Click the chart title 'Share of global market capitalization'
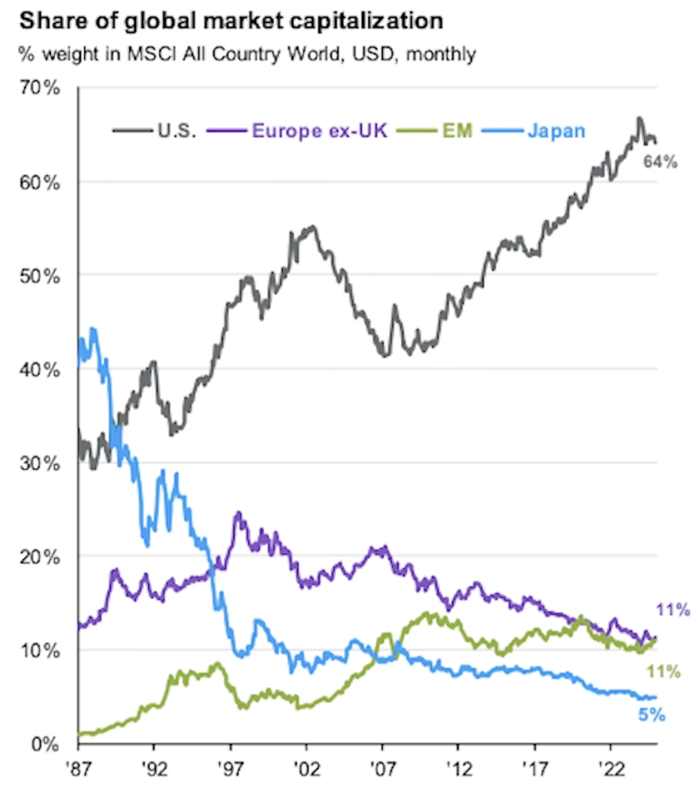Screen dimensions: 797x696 tap(232, 21)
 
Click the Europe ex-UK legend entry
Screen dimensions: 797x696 tap(320, 130)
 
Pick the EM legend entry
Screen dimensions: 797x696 tap(457, 130)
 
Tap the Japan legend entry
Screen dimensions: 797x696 tap(556, 130)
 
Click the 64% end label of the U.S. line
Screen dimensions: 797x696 tap(661, 162)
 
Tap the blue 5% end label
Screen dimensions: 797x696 tap(652, 715)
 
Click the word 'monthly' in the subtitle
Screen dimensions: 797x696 tap(441, 54)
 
